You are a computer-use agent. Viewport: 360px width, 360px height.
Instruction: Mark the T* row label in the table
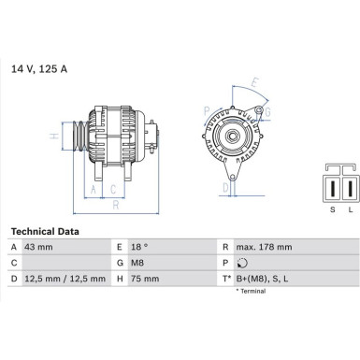coord(225,279)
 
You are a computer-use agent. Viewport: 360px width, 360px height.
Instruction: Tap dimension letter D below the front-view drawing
coord(225,188)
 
